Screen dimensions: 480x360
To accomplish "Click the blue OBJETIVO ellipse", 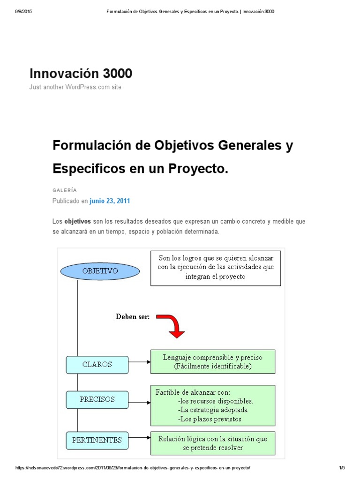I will [100, 271].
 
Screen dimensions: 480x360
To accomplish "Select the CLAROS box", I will [97, 365].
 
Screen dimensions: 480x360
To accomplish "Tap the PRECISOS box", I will [97, 399].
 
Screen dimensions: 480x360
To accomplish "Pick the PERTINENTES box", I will [97, 440].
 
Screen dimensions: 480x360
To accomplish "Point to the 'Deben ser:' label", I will [133, 317].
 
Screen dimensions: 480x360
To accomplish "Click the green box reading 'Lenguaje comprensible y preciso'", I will [213, 361].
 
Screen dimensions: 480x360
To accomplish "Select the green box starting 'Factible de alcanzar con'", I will [213, 405].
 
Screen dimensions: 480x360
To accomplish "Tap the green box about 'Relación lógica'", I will [213, 443].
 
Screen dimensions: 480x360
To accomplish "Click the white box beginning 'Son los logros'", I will [216, 268].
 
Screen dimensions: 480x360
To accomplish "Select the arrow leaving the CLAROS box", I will [139, 362].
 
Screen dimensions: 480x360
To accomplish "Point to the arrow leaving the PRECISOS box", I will [139, 402].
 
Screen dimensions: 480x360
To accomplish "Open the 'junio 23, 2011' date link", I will [110, 201].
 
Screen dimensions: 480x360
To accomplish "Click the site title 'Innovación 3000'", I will [81, 74].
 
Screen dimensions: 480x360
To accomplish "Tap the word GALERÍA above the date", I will [64, 190].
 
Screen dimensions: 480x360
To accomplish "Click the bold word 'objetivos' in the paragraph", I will [77, 221].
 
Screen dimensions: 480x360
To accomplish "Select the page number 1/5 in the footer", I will [342, 468].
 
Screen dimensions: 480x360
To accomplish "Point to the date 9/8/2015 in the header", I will [23, 11].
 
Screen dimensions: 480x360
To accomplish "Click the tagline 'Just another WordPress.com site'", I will [75, 87].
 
